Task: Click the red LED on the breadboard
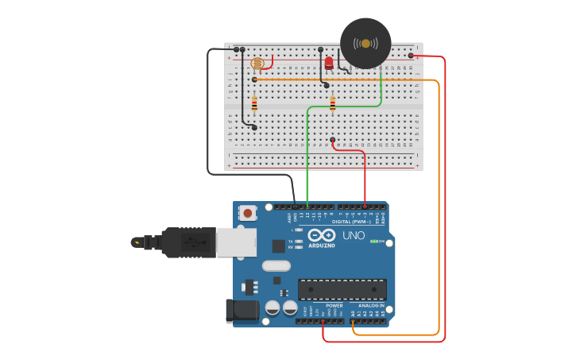(329, 63)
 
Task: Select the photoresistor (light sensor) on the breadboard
(257, 63)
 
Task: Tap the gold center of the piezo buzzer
(365, 43)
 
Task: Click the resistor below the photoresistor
(254, 103)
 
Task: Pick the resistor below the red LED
(332, 103)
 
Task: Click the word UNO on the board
(353, 236)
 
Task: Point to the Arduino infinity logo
(322, 235)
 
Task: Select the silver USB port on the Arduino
(236, 242)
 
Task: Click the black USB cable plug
(187, 242)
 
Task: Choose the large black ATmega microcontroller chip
(342, 289)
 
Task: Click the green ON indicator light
(374, 241)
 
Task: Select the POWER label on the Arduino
(334, 305)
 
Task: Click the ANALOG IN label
(371, 305)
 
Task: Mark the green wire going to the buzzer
(307, 151)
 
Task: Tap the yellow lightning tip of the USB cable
(137, 242)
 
